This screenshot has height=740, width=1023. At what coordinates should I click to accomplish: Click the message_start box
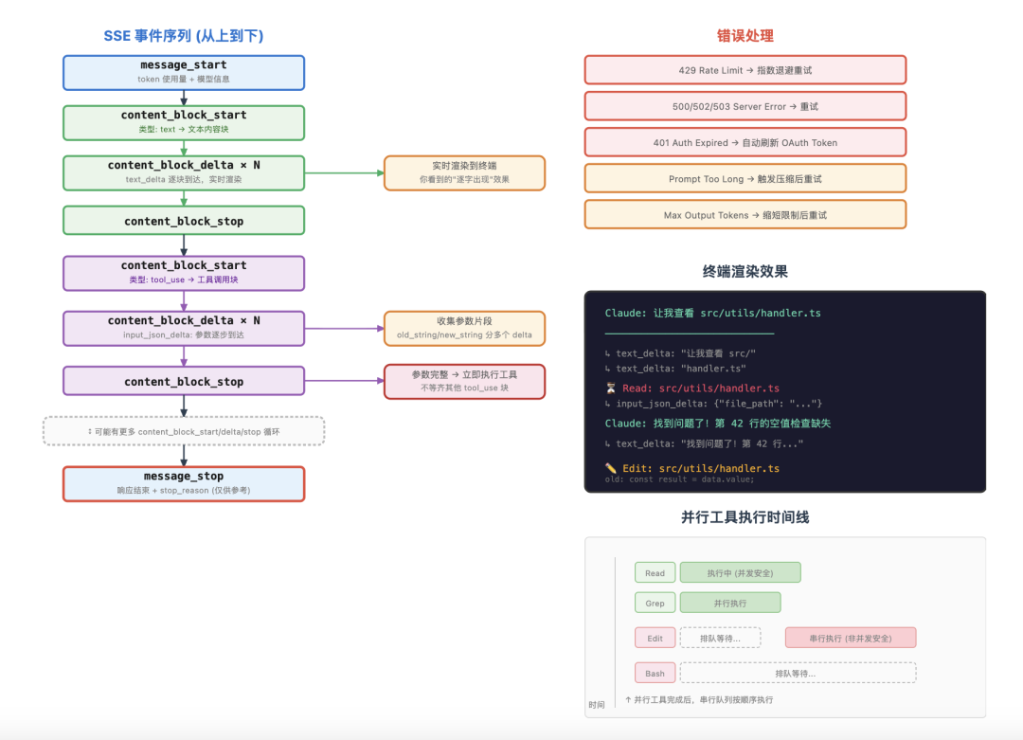tap(184, 72)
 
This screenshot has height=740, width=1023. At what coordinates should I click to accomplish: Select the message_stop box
tap(184, 483)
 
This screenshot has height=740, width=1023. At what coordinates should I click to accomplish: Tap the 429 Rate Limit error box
tap(745, 70)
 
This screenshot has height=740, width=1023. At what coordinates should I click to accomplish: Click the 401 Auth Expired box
tap(745, 142)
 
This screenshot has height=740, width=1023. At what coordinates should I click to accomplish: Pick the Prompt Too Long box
tap(745, 178)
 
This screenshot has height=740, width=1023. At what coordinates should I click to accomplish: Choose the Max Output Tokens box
tap(745, 214)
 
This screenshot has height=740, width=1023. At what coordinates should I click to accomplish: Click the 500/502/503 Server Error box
tap(745, 106)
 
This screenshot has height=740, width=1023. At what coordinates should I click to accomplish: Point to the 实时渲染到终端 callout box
tap(464, 172)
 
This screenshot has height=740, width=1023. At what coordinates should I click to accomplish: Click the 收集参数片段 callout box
tap(464, 327)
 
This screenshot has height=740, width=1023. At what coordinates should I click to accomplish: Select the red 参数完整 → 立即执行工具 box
tap(464, 381)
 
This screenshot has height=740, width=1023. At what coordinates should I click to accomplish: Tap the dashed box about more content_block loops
tap(184, 431)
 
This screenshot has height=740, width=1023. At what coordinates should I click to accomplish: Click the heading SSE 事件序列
tap(184, 36)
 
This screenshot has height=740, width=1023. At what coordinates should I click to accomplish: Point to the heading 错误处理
tap(745, 36)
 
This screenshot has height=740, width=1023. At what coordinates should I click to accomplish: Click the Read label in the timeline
tap(655, 572)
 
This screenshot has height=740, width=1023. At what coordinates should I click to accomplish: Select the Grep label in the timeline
tap(655, 603)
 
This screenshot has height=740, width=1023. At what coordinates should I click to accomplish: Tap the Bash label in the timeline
tap(655, 673)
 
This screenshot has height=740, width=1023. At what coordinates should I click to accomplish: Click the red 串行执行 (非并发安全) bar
tap(850, 638)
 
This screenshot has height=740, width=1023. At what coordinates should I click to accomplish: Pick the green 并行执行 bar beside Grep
tap(729, 603)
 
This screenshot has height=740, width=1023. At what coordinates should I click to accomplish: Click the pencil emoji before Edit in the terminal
tap(611, 468)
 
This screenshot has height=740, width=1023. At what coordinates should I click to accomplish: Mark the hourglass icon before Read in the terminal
tap(611, 388)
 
